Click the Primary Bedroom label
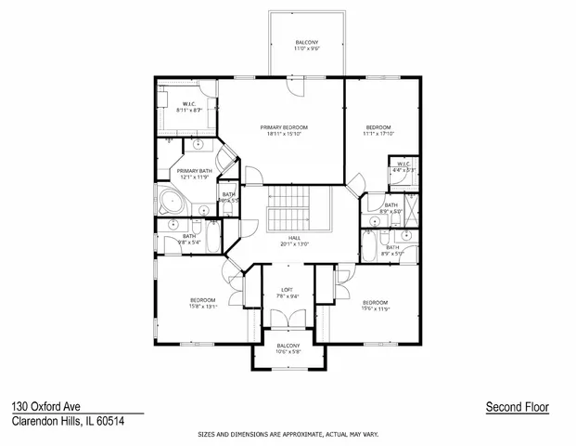click(x=284, y=131)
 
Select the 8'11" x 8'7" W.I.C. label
click(x=188, y=107)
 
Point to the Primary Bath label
click(x=195, y=175)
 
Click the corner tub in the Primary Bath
click(x=172, y=205)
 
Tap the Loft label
click(x=288, y=293)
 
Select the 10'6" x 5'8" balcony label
click(x=288, y=349)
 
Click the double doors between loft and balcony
click(x=288, y=321)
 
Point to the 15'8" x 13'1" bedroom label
click(x=203, y=303)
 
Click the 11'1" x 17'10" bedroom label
click(x=378, y=130)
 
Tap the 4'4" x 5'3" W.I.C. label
click(x=401, y=168)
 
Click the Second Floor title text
click(x=517, y=407)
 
